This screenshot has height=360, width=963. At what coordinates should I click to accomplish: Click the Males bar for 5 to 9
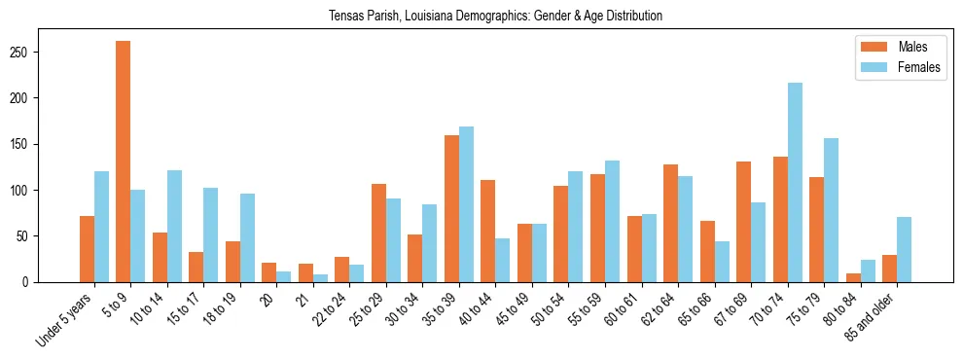click(124, 162)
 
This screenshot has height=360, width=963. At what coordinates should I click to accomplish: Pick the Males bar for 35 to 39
click(452, 208)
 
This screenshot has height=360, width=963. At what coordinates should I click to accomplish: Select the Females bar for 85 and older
click(904, 249)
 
